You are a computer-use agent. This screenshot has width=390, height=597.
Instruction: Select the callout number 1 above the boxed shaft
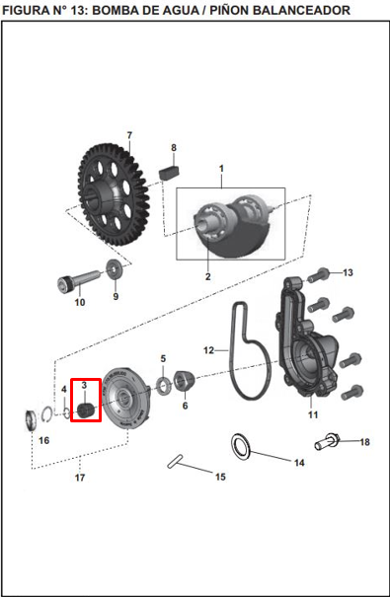pyautogui.click(x=221, y=169)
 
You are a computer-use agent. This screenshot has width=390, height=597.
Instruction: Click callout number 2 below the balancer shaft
pyautogui.click(x=207, y=277)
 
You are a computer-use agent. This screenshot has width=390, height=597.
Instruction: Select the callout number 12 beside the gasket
pyautogui.click(x=209, y=349)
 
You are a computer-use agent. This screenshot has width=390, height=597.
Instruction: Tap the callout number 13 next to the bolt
pyautogui.click(x=347, y=272)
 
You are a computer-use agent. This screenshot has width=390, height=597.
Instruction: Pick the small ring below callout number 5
pyautogui.click(x=161, y=382)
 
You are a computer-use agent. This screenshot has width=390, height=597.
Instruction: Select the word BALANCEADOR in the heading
pyautogui.click(x=297, y=9)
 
